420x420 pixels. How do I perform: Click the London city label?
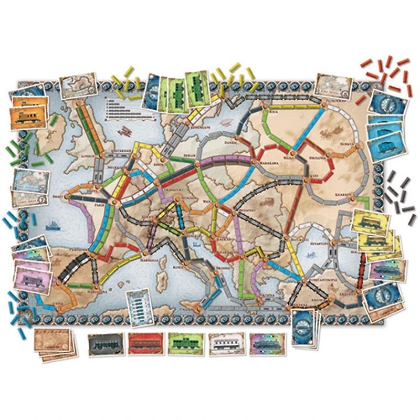(86, 156)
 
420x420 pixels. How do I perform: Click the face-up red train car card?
(143, 344)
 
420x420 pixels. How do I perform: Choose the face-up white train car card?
(225, 344)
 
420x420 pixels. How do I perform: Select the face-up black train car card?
(103, 344)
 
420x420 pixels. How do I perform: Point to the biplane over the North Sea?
(125, 130)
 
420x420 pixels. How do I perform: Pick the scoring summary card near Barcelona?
(141, 307)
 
